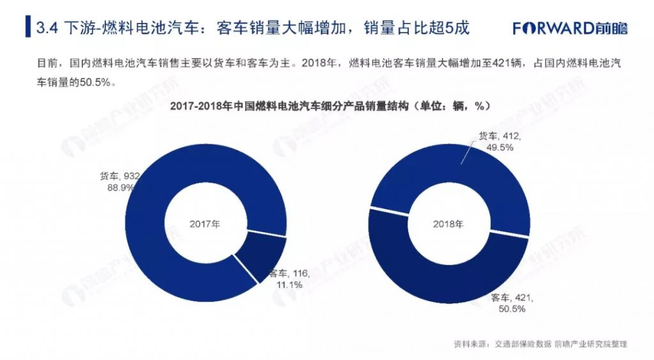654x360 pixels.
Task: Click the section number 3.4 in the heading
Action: click(x=47, y=29)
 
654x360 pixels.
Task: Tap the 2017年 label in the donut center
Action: click(x=205, y=224)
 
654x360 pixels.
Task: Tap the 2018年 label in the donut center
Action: click(x=448, y=224)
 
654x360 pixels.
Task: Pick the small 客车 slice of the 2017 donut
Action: click(x=262, y=255)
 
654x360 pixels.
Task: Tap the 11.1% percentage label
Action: click(x=289, y=285)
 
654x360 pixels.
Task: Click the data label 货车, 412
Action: click(x=500, y=136)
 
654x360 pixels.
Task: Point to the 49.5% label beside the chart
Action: click(x=499, y=147)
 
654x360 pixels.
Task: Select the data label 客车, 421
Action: click(x=511, y=297)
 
